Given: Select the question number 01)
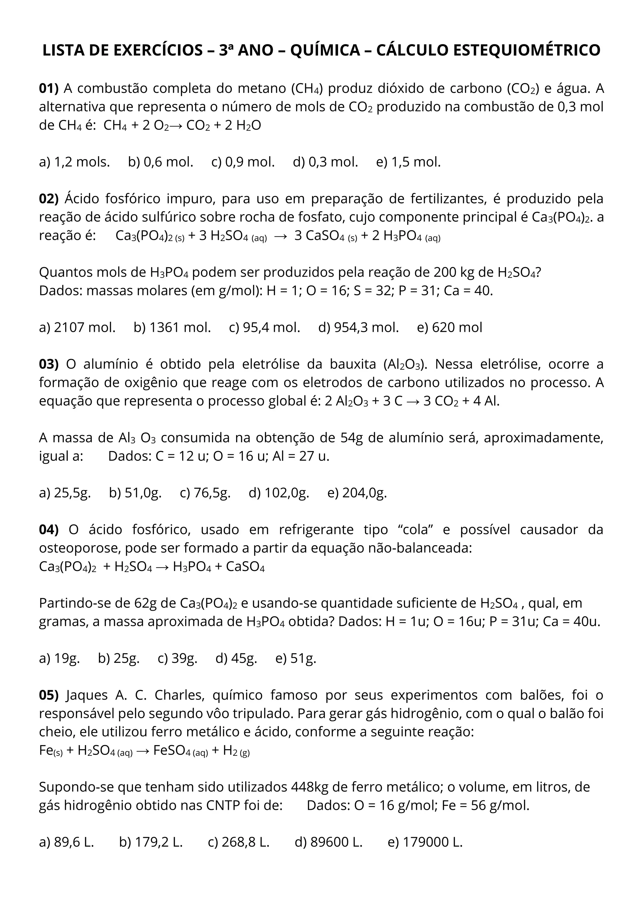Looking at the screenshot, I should [49, 88].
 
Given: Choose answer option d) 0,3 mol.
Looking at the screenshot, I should [326, 162].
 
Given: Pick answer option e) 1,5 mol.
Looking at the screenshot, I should [408, 162].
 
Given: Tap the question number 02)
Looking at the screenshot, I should [49, 199].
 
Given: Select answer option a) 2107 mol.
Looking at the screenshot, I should [77, 327].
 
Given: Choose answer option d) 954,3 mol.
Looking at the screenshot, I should [358, 327].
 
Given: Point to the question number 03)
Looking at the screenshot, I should [49, 364].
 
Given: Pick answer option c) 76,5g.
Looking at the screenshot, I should [205, 493].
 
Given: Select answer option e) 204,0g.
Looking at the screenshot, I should [357, 493].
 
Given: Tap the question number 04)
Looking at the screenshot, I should [49, 530].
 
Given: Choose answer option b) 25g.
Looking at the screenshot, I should [119, 659].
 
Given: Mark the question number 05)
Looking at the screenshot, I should [49, 695].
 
